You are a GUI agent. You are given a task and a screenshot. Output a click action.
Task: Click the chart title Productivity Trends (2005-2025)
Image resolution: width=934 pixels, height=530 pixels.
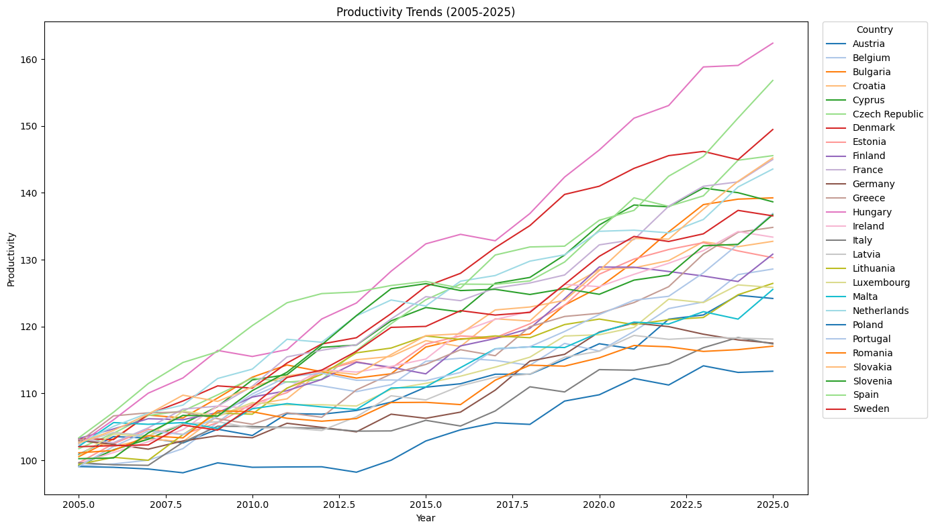pos(426,12)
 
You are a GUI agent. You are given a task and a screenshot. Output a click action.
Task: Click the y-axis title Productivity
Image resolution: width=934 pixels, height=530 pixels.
pos(11,260)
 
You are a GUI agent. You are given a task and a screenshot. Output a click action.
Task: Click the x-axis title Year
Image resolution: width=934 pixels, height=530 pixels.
pos(426,518)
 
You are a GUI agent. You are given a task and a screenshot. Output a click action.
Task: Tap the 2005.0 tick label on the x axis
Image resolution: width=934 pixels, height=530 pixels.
pos(79,504)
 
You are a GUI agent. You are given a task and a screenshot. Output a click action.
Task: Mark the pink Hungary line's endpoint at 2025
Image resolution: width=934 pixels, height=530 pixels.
pos(773,43)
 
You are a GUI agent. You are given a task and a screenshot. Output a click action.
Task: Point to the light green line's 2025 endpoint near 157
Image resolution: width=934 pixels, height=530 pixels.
pos(773,81)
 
